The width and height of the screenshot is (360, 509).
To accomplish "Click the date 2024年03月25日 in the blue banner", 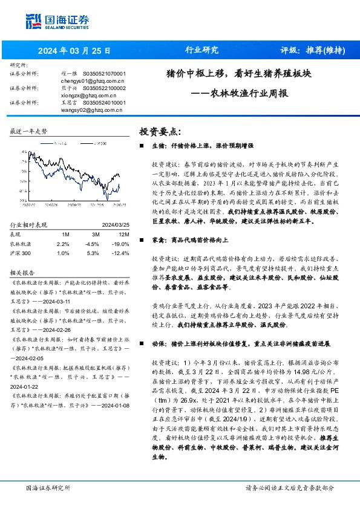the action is (x=71, y=51).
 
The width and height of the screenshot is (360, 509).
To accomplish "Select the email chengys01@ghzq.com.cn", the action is (x=93, y=80).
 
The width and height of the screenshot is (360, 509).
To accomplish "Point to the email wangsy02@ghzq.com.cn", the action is (x=93, y=109).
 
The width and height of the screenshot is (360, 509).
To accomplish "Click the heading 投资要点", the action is (x=160, y=131).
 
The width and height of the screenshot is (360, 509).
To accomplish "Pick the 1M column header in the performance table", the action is (x=65, y=216).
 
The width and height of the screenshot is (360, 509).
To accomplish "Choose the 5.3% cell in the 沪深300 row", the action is (x=93, y=236).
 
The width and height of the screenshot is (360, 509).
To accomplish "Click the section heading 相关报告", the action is (x=22, y=256).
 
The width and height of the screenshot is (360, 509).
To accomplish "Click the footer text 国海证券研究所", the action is (x=48, y=488).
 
